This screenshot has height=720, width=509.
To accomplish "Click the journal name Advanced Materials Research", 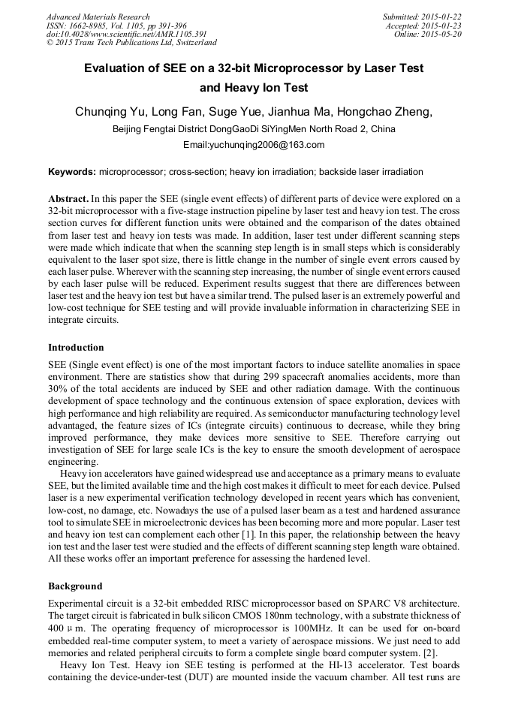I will click(98, 17).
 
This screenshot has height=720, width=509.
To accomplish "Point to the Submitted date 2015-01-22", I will click(422, 17).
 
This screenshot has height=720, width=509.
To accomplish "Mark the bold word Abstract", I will click(68, 199).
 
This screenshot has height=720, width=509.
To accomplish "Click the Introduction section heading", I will click(76, 348).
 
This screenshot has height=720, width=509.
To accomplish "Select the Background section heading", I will click(75, 586).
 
